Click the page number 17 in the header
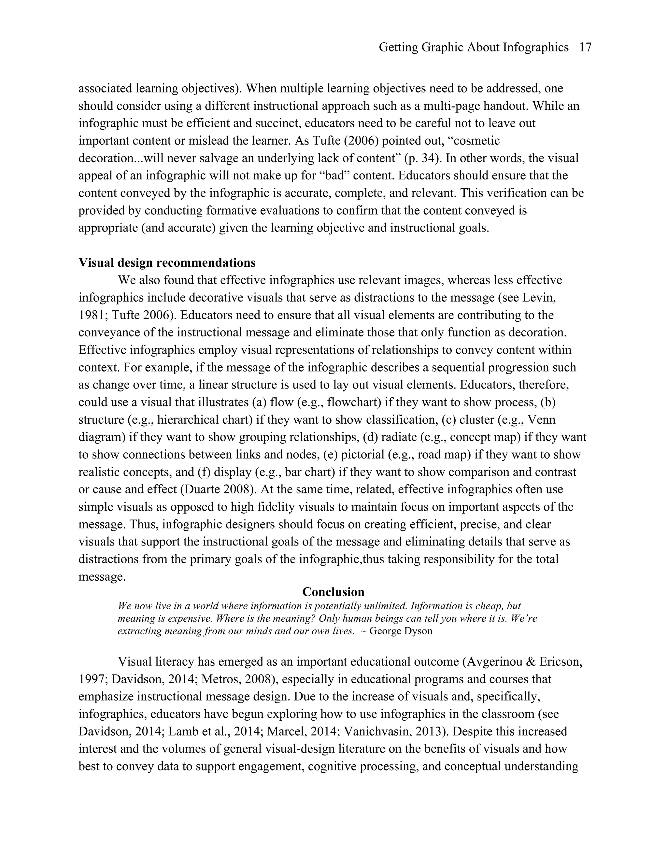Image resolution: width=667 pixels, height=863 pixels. [585, 48]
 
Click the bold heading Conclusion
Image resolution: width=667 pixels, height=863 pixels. [333, 591]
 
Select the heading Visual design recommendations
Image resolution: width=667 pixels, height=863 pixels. [167, 263]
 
